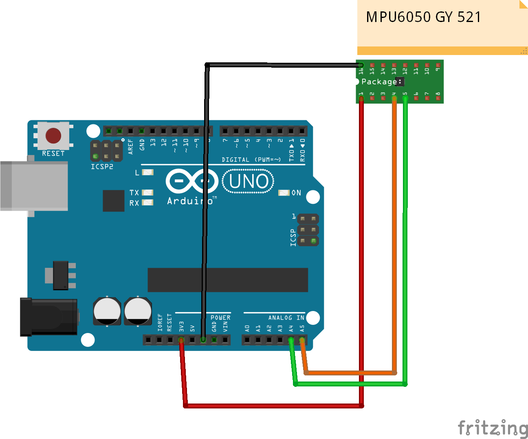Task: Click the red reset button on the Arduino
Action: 53,136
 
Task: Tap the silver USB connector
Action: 34,186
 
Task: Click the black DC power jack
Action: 49,317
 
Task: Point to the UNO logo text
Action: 249,181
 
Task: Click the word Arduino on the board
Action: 190,201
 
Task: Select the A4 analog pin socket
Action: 291,340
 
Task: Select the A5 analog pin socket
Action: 302,340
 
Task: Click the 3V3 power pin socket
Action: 181,340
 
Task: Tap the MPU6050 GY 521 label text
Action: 423,17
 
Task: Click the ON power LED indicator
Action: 284,193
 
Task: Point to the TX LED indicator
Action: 147,192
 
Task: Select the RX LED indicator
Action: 147,203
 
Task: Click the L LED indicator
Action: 147,172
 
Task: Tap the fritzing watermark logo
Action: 493,428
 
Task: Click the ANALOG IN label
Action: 286,318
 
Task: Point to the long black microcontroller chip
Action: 228,280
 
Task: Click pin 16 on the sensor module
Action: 361,65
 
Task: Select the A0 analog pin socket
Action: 247,340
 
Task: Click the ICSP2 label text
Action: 102,167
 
